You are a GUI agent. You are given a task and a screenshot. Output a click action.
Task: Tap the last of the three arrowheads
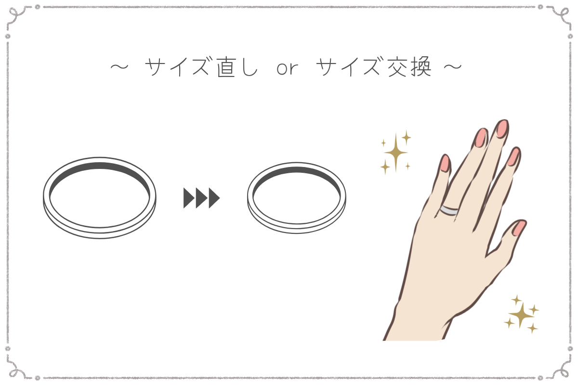[x=213, y=198]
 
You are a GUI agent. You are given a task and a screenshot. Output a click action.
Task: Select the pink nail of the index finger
[x=514, y=156]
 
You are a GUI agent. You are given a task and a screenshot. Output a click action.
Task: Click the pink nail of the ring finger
[x=481, y=138]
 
